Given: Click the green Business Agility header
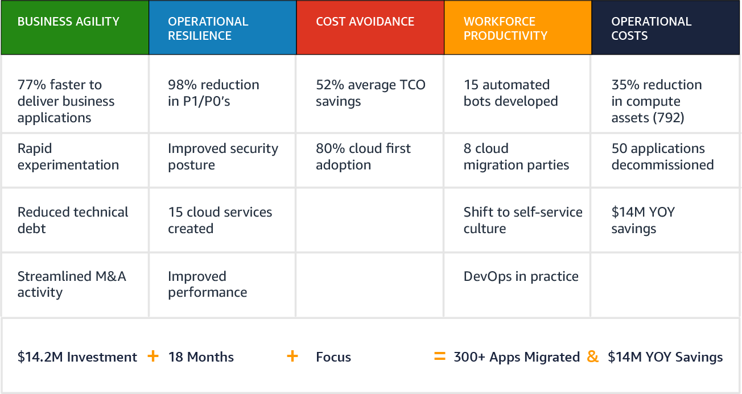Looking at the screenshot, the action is click(75, 27).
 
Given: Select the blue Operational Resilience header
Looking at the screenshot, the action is click(222, 27).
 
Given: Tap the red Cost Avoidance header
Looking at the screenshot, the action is click(370, 27).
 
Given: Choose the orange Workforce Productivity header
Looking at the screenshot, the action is click(518, 27).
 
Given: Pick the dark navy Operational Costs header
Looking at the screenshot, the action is click(666, 27).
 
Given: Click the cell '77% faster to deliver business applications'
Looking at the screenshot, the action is click(75, 94).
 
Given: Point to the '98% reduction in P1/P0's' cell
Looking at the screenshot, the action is click(222, 94).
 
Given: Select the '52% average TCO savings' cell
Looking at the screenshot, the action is click(370, 94).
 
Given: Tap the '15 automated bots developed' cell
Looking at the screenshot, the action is click(517, 94).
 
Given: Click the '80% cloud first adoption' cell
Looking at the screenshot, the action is click(370, 160).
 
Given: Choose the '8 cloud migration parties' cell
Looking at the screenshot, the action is click(517, 160).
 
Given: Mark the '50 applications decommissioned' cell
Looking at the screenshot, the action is click(666, 160).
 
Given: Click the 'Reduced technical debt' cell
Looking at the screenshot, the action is click(75, 220).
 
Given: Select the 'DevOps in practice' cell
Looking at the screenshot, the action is click(517, 285).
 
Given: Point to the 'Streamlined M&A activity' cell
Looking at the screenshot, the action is click(75, 285).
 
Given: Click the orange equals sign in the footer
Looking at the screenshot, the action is click(440, 356).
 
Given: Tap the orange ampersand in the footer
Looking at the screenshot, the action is click(592, 356).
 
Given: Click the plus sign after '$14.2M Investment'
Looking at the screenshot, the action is click(153, 356).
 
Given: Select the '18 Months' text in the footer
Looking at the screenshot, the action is click(201, 357).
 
